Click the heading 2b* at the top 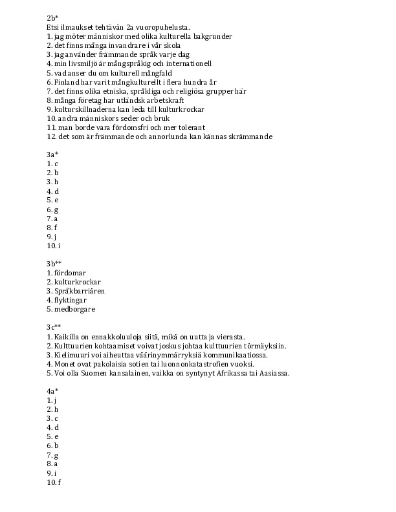click(x=53, y=17)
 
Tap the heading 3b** click(x=54, y=264)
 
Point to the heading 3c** click(x=54, y=328)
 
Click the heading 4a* click(x=53, y=391)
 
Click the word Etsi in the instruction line click(x=54, y=27)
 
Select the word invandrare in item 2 click(x=126, y=45)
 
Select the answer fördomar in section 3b click(x=71, y=273)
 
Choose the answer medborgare click(x=75, y=309)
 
